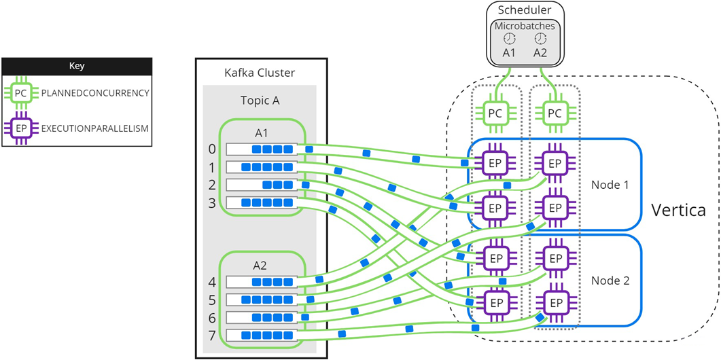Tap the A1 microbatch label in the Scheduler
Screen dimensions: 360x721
pos(509,52)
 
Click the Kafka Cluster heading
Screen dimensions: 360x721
pos(260,73)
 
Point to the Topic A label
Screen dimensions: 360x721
pos(260,100)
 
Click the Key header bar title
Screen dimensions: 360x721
pos(77,66)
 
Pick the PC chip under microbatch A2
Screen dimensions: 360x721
pos(555,113)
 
